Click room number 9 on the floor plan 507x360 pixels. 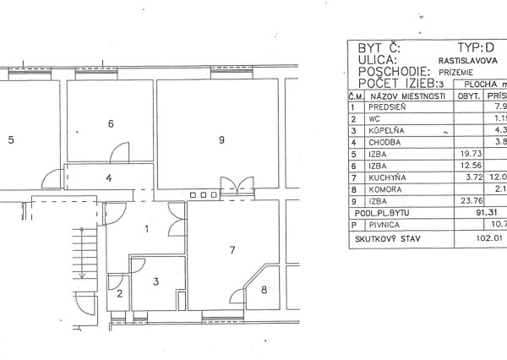pyautogui.click(x=221, y=140)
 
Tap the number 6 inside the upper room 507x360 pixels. pyautogui.click(x=110, y=124)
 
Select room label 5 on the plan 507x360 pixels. pyautogui.click(x=11, y=140)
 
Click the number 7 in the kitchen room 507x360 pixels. pyautogui.click(x=231, y=250)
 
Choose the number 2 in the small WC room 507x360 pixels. pyautogui.click(x=120, y=294)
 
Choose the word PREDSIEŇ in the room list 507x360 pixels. pyautogui.click(x=387, y=108)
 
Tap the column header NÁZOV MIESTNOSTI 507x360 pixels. pyautogui.click(x=406, y=96)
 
